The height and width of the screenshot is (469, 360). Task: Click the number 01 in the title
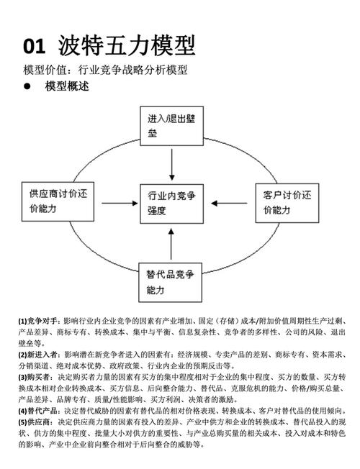[x=34, y=47]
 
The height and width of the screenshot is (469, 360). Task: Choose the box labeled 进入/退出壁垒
[x=171, y=127]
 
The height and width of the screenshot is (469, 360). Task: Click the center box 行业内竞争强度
[x=171, y=203]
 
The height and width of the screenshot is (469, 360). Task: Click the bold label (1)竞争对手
[x=40, y=320]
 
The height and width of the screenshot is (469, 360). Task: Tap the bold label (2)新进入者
[x=40, y=355]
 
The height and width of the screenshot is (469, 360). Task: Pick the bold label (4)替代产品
[x=40, y=411]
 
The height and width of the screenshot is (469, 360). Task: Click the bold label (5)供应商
[x=37, y=422]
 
